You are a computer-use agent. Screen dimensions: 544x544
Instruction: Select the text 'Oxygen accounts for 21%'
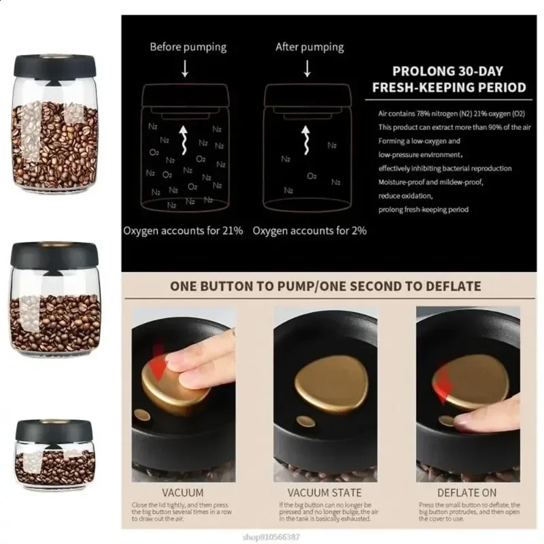click(x=183, y=231)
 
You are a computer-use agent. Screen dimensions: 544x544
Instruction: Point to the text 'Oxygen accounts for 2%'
click(x=309, y=231)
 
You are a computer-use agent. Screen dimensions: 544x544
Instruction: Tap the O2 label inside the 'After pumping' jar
click(x=311, y=176)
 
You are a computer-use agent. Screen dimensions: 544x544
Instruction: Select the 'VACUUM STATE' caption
click(x=325, y=492)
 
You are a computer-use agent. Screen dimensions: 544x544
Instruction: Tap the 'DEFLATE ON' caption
click(x=467, y=492)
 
